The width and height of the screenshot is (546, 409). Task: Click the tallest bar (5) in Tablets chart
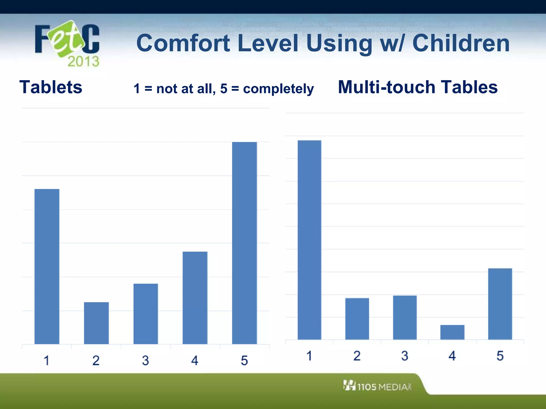[x=244, y=243]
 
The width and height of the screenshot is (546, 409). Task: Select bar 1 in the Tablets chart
[x=47, y=266]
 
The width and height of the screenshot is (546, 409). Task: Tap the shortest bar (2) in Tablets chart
[x=96, y=323]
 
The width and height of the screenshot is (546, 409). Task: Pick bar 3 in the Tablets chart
[x=146, y=314]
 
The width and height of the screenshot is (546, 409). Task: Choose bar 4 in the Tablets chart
[x=195, y=298]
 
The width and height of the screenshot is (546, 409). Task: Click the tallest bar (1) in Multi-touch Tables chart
[x=309, y=240]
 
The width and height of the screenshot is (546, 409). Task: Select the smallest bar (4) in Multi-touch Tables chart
[x=452, y=332]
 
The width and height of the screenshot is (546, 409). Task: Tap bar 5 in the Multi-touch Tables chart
[x=500, y=304]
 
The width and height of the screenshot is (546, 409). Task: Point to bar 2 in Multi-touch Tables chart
[x=357, y=318]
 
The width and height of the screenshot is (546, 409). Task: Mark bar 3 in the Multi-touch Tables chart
[x=405, y=317]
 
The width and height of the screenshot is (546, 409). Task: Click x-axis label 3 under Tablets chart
[x=145, y=361]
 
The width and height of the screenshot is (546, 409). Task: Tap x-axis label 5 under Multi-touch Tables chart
[x=500, y=356]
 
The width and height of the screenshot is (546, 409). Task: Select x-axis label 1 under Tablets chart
[x=46, y=361]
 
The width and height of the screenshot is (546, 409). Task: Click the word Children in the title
[x=461, y=43]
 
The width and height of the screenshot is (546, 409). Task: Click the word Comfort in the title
[x=183, y=43]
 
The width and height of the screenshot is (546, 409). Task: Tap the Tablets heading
[x=51, y=87]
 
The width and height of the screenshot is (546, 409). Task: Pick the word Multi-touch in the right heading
[x=386, y=87]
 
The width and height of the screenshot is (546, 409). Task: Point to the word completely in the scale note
[x=278, y=89]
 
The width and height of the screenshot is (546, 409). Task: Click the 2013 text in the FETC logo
[x=83, y=61]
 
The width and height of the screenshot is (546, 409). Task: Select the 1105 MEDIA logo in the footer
[x=378, y=386]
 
